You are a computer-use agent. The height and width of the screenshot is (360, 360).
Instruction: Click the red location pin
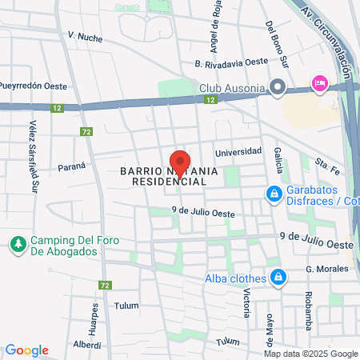181,162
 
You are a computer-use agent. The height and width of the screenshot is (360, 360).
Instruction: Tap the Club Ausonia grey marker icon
278,86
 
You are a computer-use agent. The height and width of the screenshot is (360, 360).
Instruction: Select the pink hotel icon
319,83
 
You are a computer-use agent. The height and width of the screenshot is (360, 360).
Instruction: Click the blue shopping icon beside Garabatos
274,194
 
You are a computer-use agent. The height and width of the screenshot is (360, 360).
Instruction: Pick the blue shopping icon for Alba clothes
278,278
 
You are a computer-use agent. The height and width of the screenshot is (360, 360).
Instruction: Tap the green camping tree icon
17,242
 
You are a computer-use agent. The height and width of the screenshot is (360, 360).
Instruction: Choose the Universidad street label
238,151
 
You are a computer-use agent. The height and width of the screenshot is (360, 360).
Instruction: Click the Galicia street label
278,160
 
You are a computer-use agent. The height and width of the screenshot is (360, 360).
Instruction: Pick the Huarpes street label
94,317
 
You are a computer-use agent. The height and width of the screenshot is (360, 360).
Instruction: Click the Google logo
26,350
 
